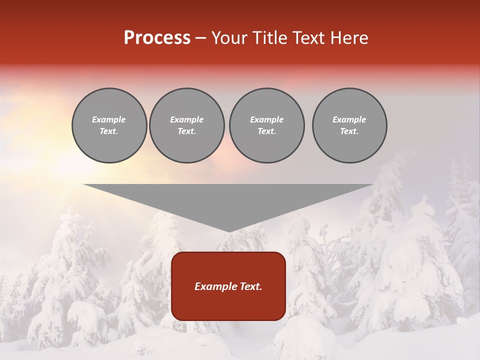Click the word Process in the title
coord(157,38)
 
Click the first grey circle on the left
coord(109,125)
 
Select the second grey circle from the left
coord(187,125)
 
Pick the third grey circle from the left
coord(266,125)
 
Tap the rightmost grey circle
coord(349,125)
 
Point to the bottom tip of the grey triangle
coord(228,231)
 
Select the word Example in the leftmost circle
coord(109,119)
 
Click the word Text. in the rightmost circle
coord(349,131)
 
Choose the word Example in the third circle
coord(266,119)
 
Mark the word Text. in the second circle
coord(187,131)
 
